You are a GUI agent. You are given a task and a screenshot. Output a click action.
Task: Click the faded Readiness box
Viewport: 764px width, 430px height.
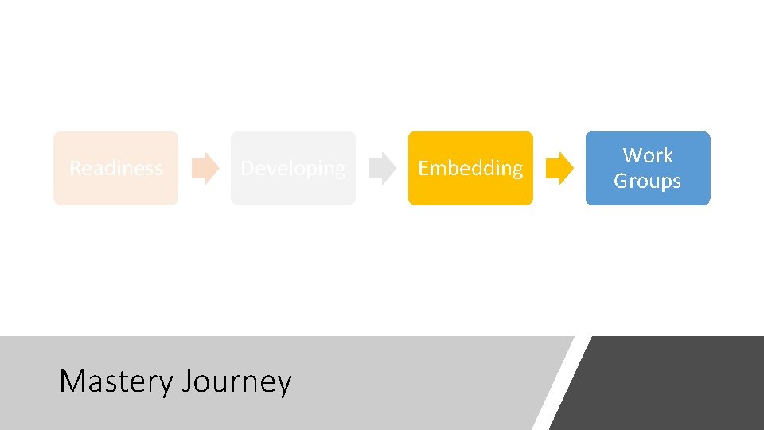pyautogui.click(x=115, y=168)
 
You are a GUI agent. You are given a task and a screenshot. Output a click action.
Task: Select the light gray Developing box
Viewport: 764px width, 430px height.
pyautogui.click(x=293, y=168)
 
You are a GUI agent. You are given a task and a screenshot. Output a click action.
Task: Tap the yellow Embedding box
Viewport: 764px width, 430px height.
pyautogui.click(x=470, y=168)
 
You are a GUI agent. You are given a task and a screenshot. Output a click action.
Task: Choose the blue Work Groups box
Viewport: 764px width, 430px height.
pyautogui.click(x=647, y=168)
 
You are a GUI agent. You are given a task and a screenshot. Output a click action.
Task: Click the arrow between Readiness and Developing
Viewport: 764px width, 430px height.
pyautogui.click(x=205, y=168)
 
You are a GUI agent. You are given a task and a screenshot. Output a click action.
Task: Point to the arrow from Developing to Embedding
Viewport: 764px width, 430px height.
pyautogui.click(x=383, y=168)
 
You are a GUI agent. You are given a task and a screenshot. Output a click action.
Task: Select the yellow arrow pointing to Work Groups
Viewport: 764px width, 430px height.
pyautogui.click(x=560, y=168)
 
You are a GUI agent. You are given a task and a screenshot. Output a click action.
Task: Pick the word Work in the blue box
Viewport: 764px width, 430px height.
pyautogui.click(x=647, y=155)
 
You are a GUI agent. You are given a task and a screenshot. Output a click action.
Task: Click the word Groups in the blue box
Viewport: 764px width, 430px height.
pyautogui.click(x=647, y=181)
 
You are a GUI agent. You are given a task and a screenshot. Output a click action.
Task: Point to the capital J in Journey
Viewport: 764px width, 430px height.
pyautogui.click(x=187, y=382)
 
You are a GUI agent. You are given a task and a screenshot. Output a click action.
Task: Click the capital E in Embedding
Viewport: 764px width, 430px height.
pyautogui.click(x=423, y=168)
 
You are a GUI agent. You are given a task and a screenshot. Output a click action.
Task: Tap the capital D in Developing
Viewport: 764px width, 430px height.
pyautogui.click(x=248, y=168)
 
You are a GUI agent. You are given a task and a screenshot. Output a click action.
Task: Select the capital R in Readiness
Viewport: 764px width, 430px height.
pyautogui.click(x=75, y=168)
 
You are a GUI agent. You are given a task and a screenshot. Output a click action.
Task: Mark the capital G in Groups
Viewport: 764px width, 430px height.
pyautogui.click(x=620, y=181)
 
